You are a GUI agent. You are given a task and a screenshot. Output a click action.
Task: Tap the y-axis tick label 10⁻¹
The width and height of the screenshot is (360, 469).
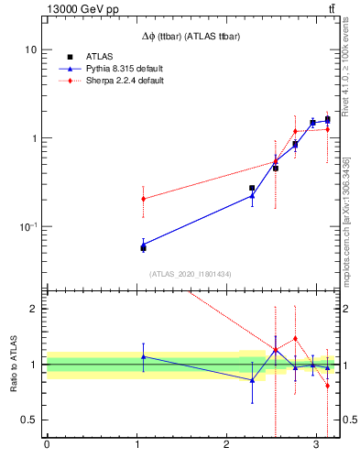(x=27, y=226)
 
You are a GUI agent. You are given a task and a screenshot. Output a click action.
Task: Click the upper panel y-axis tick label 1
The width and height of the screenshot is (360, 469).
(x=34, y=138)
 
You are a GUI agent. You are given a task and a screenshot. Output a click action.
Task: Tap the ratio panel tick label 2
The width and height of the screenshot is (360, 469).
(x=34, y=309)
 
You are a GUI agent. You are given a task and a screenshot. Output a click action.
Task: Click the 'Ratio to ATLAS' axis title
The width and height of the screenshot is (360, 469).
(x=13, y=364)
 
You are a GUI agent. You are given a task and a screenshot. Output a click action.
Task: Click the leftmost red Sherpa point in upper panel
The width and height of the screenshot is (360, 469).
(x=143, y=199)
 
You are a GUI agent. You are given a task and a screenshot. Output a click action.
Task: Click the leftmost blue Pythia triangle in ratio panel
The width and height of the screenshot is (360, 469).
(x=143, y=356)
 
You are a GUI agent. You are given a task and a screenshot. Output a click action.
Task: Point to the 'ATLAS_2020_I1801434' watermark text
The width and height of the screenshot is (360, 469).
(x=191, y=274)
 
